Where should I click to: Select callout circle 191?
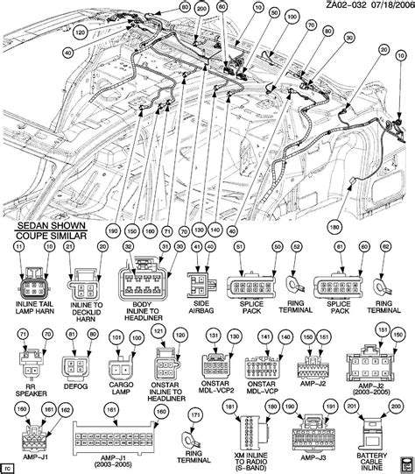point(329,407)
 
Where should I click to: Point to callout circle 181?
point(255,407)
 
